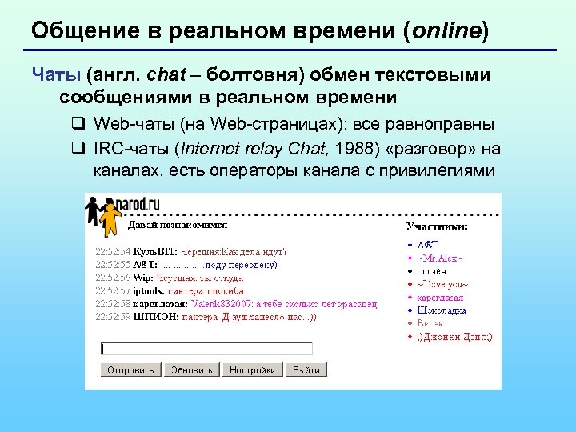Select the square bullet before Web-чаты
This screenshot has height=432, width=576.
[x=78, y=125]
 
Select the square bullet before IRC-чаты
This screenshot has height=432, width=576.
[x=78, y=149]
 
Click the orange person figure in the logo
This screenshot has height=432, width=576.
[x=107, y=216]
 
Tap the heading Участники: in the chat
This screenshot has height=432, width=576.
[x=437, y=227]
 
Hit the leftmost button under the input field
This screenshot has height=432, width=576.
[x=130, y=370]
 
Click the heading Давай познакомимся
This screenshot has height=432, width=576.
[x=172, y=226]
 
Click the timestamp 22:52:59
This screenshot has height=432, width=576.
[x=112, y=317]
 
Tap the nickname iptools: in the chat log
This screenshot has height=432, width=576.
[x=151, y=291]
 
